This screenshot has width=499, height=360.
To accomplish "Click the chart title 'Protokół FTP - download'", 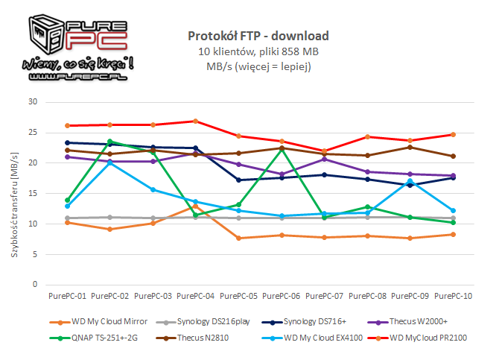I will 258,36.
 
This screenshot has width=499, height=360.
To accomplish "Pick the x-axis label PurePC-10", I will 454,295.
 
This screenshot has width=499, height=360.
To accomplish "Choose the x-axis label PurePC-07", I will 324,295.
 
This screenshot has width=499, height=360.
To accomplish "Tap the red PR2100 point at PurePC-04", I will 195,121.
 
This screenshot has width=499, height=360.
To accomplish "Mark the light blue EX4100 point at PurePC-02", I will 110,162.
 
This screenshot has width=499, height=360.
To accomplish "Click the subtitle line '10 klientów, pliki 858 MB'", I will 258,51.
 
